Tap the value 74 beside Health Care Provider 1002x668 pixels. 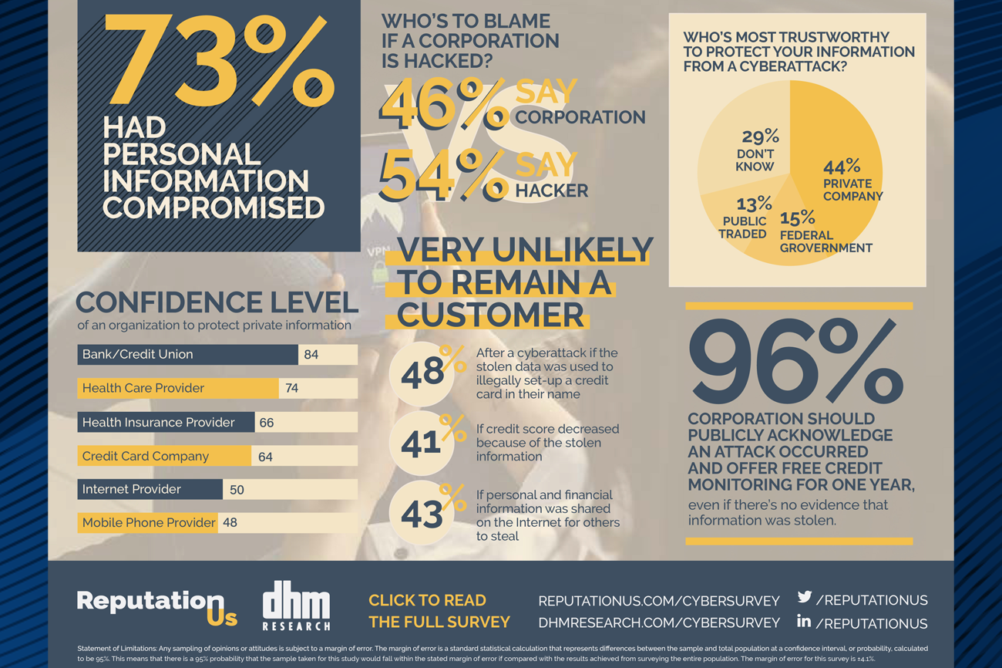(x=291, y=389)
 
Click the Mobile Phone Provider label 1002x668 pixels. (x=149, y=523)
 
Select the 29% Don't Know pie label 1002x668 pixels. (x=758, y=150)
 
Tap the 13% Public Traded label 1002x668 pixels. (x=745, y=218)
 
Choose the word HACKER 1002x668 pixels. (x=551, y=191)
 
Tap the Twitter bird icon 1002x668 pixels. (x=805, y=597)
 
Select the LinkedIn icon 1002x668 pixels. (x=804, y=621)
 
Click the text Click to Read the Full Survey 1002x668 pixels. (x=439, y=611)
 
